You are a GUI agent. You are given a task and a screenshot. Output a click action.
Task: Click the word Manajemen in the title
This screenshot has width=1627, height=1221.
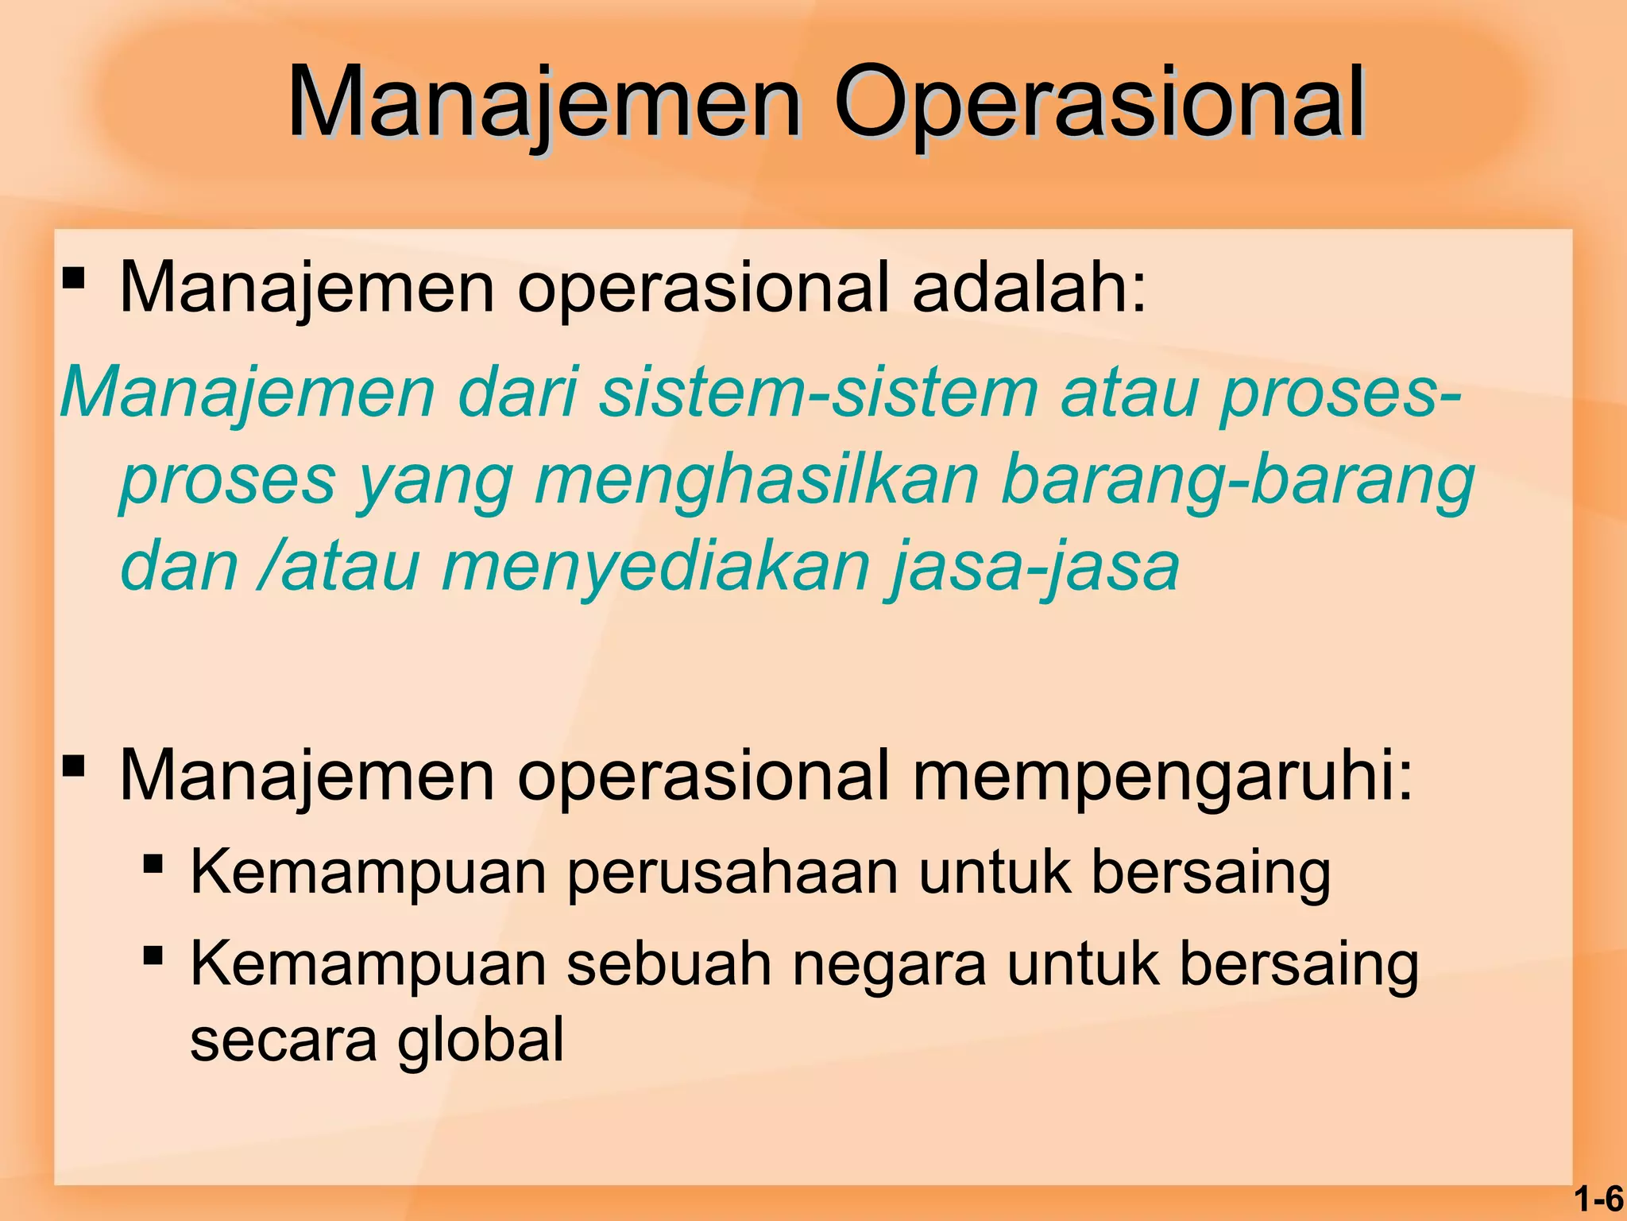pyautogui.click(x=543, y=103)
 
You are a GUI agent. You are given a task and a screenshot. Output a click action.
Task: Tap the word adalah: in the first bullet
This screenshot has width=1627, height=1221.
pyautogui.click(x=1030, y=287)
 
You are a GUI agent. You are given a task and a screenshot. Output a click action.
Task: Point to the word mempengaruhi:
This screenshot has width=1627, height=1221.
pyautogui.click(x=1163, y=776)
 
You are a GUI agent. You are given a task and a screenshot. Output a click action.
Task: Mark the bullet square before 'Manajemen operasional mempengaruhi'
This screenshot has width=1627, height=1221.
pyautogui.click(x=73, y=767)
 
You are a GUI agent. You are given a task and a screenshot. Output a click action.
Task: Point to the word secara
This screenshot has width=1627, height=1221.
pyautogui.click(x=284, y=1041)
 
